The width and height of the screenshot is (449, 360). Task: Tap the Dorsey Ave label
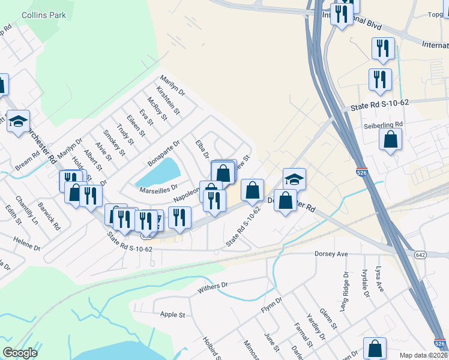331,254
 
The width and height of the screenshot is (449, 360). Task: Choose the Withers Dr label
213,289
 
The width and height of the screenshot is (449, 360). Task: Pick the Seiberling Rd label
382,125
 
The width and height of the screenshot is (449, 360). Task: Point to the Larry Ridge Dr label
344,292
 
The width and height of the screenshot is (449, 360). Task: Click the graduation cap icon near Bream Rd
19,122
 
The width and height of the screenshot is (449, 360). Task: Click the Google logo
20,353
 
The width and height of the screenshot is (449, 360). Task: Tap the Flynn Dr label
271,305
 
